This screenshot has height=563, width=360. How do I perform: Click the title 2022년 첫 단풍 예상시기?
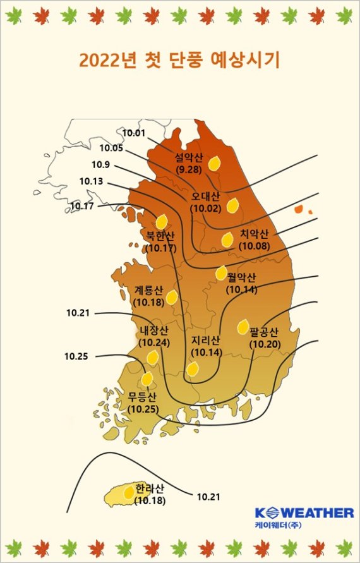click(x=179, y=61)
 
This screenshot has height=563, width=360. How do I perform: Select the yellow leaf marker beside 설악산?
click(x=214, y=164)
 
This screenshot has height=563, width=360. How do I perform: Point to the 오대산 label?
click(x=205, y=195)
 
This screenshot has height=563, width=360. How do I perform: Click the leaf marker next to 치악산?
click(x=227, y=239)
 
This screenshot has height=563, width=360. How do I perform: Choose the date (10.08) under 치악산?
click(x=254, y=246)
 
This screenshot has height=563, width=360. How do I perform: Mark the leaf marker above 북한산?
click(x=161, y=221)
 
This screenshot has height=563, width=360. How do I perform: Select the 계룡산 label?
click(x=149, y=291)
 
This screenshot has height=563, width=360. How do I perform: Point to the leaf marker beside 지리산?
click(x=193, y=368)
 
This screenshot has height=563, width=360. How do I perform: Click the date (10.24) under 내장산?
click(x=154, y=342)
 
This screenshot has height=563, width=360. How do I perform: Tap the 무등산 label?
click(x=142, y=397)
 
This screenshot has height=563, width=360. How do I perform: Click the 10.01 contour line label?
click(x=133, y=133)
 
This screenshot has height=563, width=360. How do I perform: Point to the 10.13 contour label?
click(x=91, y=181)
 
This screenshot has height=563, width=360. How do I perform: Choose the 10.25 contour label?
click(x=76, y=356)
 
